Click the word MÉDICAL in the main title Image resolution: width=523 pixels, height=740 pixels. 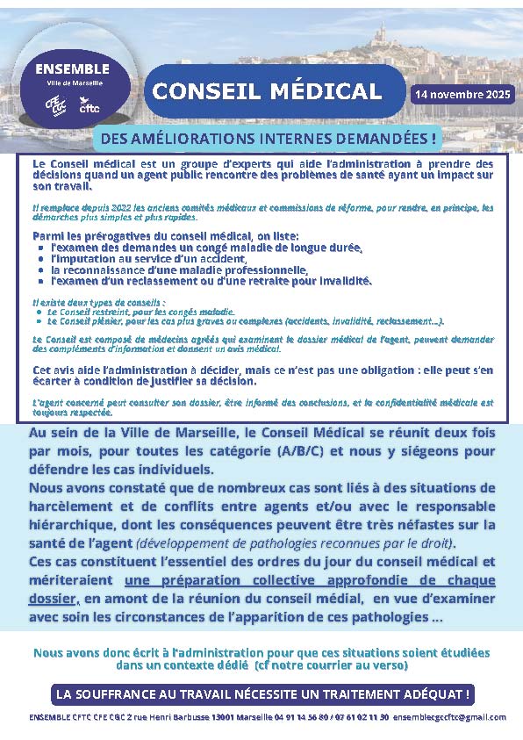[x=326, y=91]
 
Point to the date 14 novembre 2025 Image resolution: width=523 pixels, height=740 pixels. [x=462, y=93]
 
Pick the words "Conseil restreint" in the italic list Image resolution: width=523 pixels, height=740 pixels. [x=87, y=312]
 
